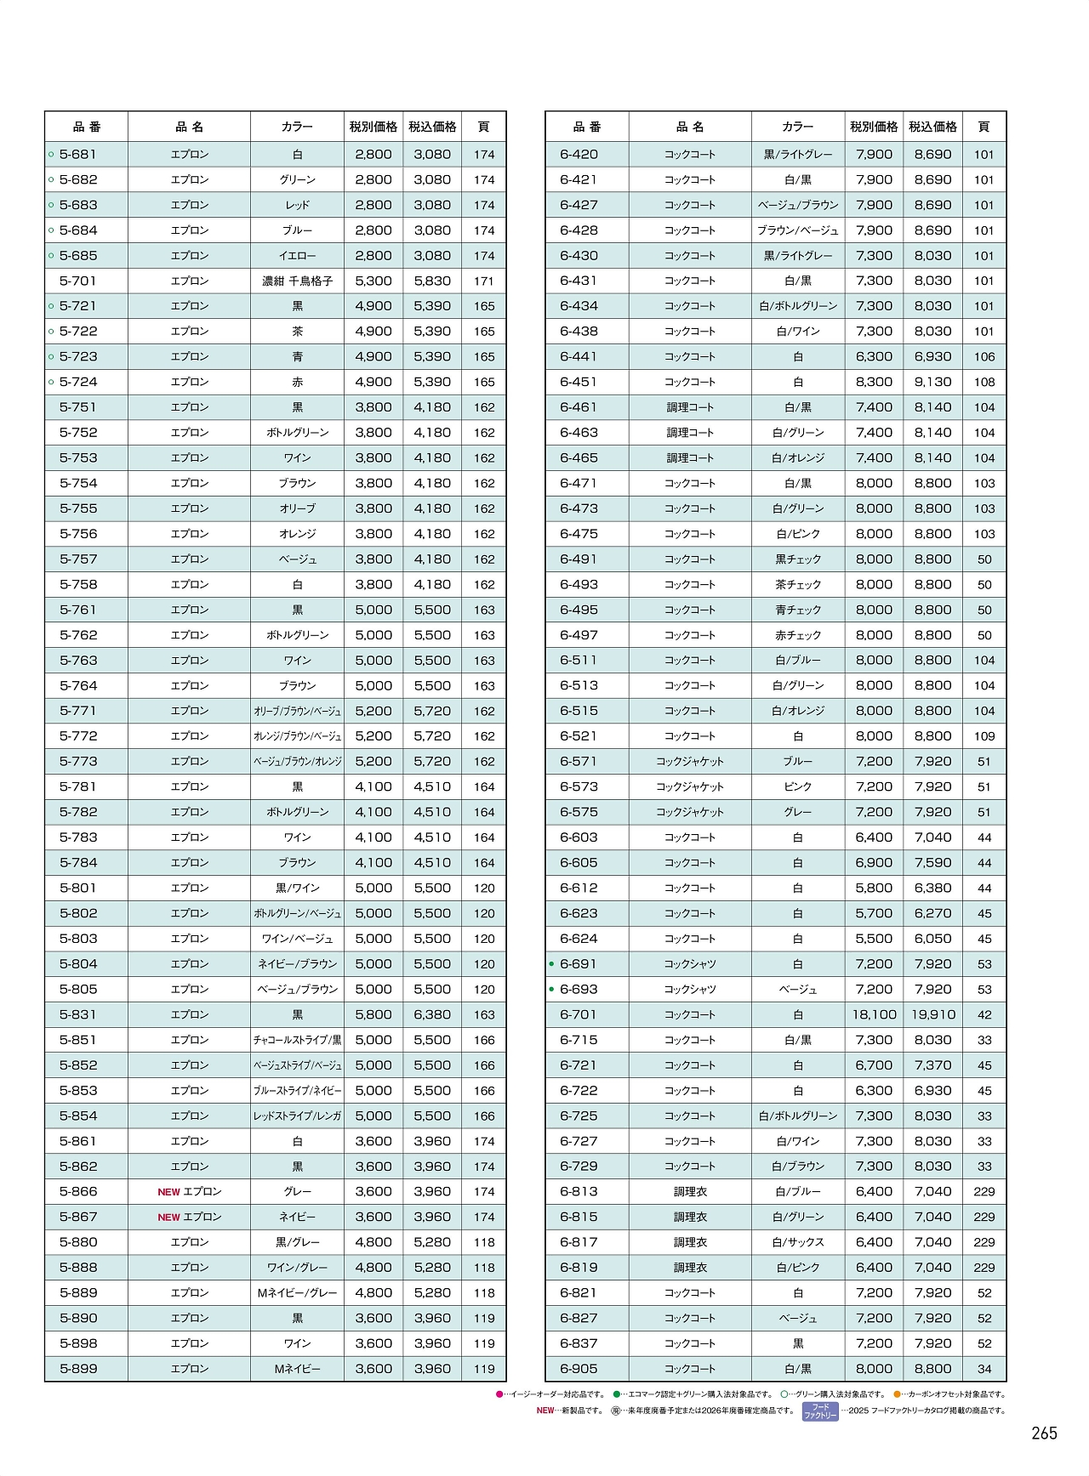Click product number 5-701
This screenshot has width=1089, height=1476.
click(78, 281)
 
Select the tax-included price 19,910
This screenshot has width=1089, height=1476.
click(932, 1014)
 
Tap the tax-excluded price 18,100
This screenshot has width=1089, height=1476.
click(874, 1014)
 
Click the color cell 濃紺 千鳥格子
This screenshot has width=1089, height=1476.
click(297, 281)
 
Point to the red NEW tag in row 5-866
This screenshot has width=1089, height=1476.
click(168, 1192)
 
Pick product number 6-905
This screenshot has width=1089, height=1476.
click(579, 1369)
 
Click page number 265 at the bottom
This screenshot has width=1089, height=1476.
click(1044, 1433)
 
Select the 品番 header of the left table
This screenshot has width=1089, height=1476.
click(87, 127)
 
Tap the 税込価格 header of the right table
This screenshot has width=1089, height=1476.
click(932, 127)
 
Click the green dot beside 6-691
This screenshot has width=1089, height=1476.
click(551, 964)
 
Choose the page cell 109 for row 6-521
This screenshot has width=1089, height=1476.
click(984, 736)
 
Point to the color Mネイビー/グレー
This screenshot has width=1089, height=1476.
click(297, 1293)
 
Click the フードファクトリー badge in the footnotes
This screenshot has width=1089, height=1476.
click(820, 1411)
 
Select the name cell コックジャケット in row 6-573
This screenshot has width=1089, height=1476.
click(690, 787)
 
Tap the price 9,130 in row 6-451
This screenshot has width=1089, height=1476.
click(932, 382)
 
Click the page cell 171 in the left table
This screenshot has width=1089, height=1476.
click(484, 281)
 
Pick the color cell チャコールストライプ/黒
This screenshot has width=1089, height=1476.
click(297, 1040)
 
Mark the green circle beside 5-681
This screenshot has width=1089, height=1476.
click(51, 155)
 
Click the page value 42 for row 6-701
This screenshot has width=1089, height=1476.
click(984, 1014)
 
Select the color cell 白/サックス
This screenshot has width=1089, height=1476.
click(798, 1242)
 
